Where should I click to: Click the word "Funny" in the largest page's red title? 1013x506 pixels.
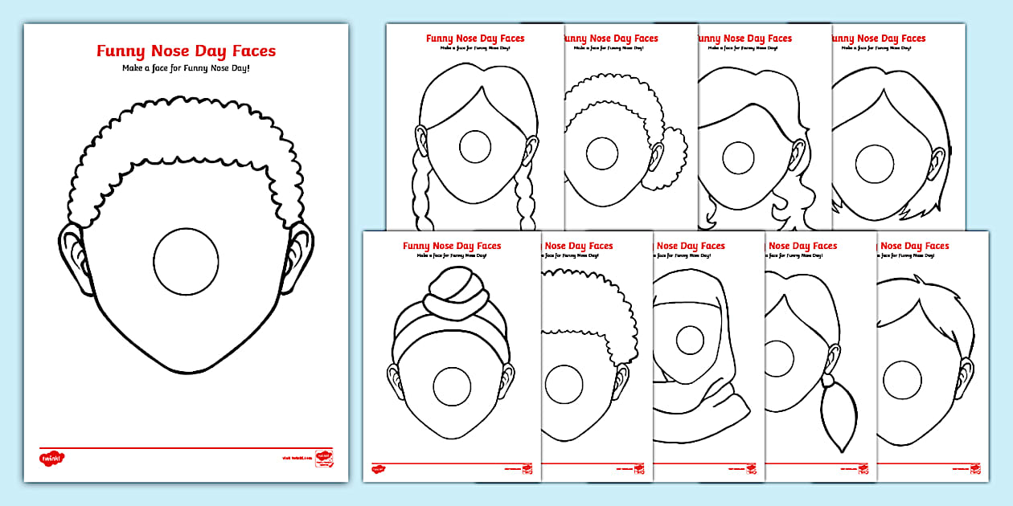tap(121, 51)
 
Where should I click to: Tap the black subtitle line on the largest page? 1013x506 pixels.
tap(186, 68)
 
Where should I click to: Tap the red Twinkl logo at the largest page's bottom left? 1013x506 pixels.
tap(51, 458)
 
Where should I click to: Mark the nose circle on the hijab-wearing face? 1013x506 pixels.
tap(690, 340)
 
